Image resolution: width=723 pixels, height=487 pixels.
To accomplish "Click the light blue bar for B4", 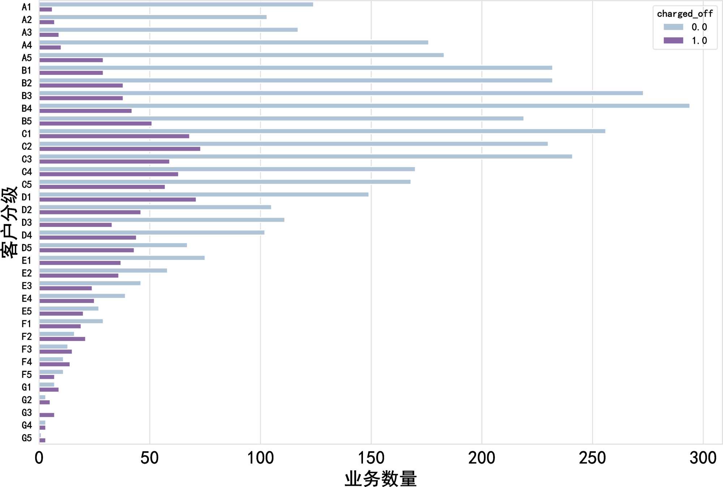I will click(364, 106).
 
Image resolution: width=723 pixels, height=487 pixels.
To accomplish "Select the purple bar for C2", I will click(120, 149).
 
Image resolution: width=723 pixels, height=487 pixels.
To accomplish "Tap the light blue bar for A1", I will click(176, 4).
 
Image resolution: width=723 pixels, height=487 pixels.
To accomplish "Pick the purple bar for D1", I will click(117, 200).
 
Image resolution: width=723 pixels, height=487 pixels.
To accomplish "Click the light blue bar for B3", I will click(341, 93).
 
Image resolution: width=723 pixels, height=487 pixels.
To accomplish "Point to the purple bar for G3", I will click(47, 415).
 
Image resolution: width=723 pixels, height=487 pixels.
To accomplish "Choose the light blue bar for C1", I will click(322, 131).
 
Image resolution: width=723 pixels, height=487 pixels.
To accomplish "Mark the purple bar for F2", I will click(62, 339).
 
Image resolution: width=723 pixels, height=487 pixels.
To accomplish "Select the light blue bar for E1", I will click(122, 258).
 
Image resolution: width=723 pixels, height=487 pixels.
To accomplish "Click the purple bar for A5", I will click(71, 60).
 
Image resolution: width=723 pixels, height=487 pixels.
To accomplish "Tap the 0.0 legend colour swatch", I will click(673, 27).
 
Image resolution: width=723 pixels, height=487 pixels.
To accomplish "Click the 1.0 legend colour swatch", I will click(673, 40).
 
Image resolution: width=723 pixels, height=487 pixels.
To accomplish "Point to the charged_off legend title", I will click(685, 14).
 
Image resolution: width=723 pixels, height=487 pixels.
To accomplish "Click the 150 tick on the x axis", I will click(371, 458).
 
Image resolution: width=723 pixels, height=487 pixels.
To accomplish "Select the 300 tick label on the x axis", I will click(703, 458).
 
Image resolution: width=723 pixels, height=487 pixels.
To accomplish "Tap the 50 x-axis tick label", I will click(150, 458).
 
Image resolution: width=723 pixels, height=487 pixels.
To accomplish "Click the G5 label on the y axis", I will click(27, 438).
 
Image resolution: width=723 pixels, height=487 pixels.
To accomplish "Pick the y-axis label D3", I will click(27, 223).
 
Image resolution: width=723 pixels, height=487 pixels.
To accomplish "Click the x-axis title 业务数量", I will click(381, 478).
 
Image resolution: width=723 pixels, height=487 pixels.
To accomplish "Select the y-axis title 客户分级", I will click(9, 222).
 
